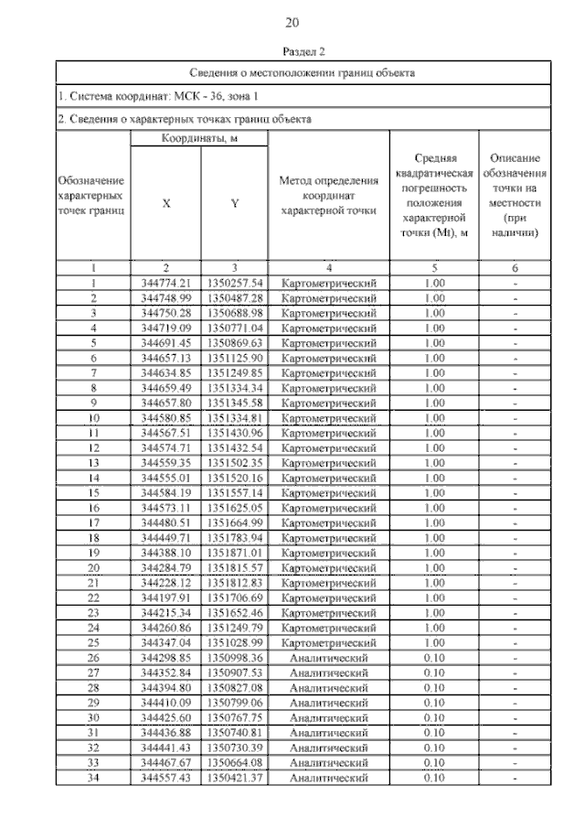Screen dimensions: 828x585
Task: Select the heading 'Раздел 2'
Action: click(292, 52)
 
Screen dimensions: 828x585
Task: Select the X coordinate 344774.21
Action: click(165, 283)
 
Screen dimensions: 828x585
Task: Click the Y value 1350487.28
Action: click(235, 297)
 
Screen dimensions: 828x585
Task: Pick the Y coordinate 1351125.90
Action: click(235, 358)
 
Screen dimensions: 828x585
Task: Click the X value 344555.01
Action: click(165, 478)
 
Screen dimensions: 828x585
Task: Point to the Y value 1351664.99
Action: click(235, 522)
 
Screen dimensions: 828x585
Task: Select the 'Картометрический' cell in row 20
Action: click(328, 567)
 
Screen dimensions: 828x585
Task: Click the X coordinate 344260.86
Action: click(165, 628)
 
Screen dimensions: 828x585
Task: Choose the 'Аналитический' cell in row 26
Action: click(328, 658)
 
